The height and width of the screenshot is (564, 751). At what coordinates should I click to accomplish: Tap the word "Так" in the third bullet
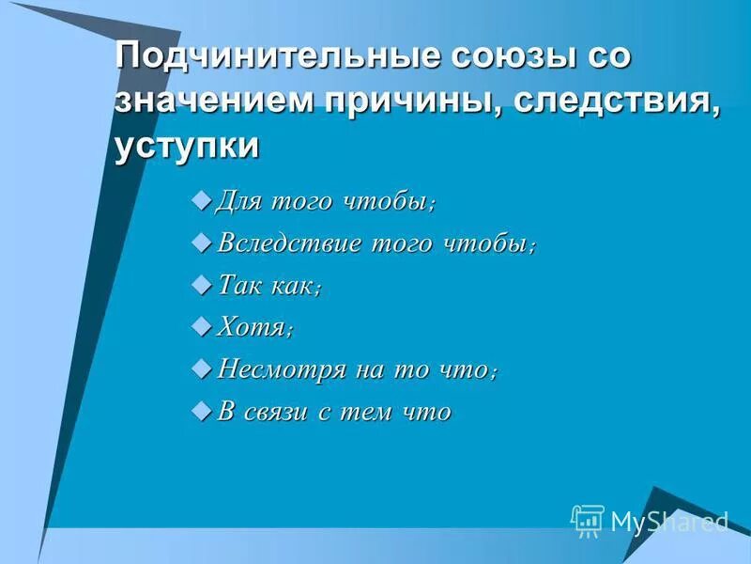tap(238, 286)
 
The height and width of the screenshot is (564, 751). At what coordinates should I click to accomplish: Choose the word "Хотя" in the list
tap(250, 327)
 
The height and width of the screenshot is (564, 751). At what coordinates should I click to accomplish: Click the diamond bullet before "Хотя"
tap(199, 326)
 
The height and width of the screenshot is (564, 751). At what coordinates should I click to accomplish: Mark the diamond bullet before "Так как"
tap(199, 285)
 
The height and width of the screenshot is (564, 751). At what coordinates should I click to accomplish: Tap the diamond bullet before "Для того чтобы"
tap(199, 201)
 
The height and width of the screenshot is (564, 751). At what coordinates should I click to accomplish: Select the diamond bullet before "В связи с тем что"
tap(199, 410)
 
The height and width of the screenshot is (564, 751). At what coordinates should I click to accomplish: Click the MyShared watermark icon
tap(588, 519)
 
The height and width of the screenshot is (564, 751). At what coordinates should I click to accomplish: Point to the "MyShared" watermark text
tap(668, 521)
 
